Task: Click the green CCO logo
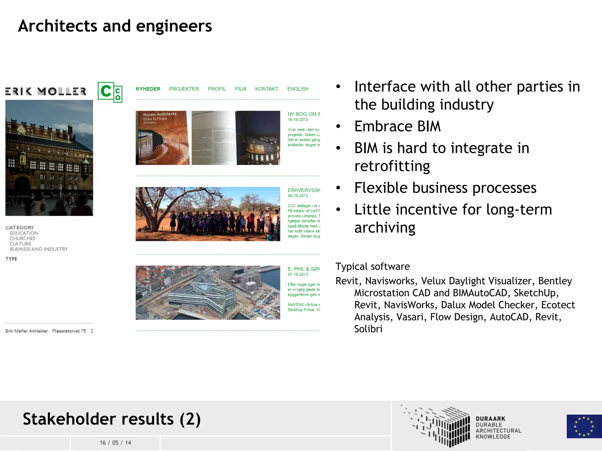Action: click(x=110, y=92)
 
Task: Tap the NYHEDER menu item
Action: click(x=148, y=89)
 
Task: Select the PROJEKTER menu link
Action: click(x=184, y=89)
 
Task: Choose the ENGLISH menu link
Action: click(x=298, y=89)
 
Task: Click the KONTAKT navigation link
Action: click(x=267, y=89)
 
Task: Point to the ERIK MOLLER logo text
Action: click(x=46, y=91)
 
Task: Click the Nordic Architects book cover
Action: click(x=163, y=138)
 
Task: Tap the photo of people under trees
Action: click(x=208, y=214)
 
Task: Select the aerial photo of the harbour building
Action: click(x=208, y=292)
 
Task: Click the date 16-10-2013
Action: click(x=298, y=120)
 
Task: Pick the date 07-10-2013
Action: click(x=298, y=274)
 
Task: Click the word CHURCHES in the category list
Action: click(x=22, y=238)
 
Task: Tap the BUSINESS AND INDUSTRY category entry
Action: click(x=39, y=249)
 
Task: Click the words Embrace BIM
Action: click(x=397, y=126)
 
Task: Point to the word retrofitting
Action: click(x=392, y=166)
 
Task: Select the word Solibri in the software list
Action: click(x=368, y=329)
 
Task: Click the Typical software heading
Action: click(x=372, y=266)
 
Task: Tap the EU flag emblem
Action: click(x=584, y=426)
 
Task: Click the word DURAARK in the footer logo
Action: click(x=490, y=419)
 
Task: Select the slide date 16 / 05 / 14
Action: click(x=115, y=443)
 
